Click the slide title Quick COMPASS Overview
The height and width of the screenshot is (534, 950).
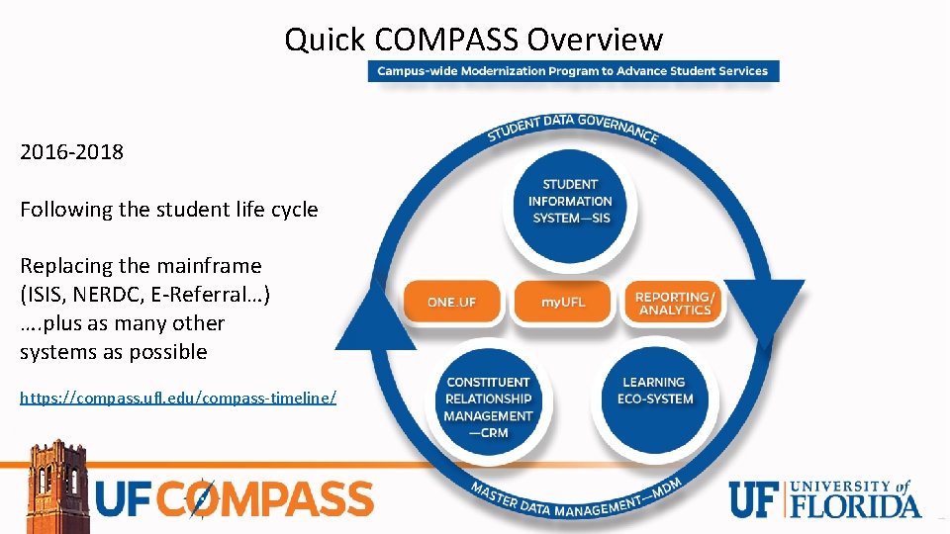(473, 40)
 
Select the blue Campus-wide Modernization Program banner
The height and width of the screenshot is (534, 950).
(573, 71)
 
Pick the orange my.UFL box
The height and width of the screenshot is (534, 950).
(563, 302)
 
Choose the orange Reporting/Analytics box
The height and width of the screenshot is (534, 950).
(675, 303)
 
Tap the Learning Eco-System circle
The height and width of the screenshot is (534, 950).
(653, 393)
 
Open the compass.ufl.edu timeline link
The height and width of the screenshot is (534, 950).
(178, 398)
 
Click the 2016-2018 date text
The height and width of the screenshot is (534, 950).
(72, 152)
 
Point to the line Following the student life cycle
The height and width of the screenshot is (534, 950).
(169, 210)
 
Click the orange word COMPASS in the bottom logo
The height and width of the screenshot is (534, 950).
(267, 499)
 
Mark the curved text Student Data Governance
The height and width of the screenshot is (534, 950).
(572, 126)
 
